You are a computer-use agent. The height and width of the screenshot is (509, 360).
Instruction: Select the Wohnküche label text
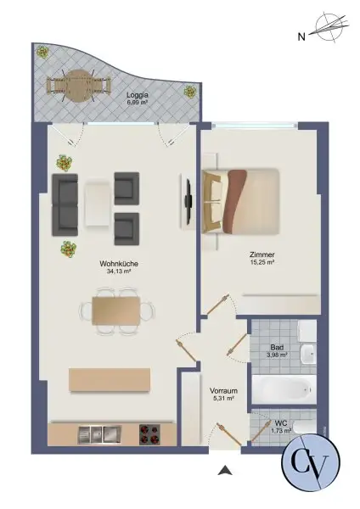pyautogui.click(x=117, y=264)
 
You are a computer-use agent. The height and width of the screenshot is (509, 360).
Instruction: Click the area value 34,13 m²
pyautogui.click(x=117, y=272)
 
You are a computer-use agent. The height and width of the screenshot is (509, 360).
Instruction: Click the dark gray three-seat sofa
pyautogui.click(x=65, y=204)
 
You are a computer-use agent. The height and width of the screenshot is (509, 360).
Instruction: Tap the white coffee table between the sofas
pyautogui.click(x=96, y=204)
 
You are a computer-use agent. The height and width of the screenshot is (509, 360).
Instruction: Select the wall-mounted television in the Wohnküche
pyautogui.click(x=186, y=202)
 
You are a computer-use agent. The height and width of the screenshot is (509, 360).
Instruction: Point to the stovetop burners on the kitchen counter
pyautogui.click(x=150, y=434)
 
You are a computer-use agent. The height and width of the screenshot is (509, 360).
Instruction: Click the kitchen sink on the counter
pyautogui.click(x=96, y=434)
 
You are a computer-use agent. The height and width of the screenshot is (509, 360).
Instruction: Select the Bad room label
pyautogui.click(x=276, y=347)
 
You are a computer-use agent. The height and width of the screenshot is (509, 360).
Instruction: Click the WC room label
pyautogui.click(x=281, y=422)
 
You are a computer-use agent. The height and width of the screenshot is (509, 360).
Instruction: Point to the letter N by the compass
pyautogui.click(x=301, y=37)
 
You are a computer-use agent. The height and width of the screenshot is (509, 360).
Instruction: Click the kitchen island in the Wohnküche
pyautogui.click(x=111, y=379)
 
